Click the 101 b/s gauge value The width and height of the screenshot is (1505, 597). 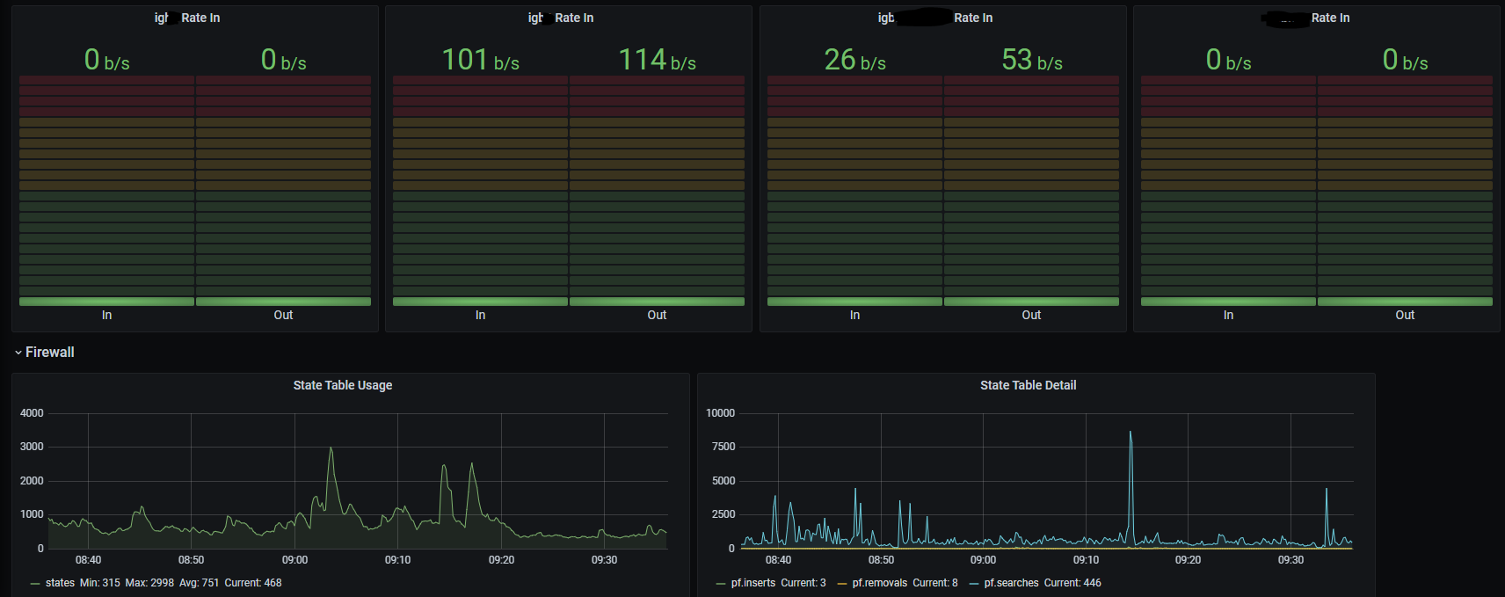click(480, 60)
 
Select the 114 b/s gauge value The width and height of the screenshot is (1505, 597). click(657, 60)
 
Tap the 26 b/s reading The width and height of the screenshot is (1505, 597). click(854, 60)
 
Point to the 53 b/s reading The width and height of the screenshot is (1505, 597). click(1032, 60)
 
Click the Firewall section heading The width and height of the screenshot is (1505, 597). click(49, 353)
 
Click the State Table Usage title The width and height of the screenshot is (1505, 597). click(343, 385)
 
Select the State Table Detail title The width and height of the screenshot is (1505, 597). click(1028, 385)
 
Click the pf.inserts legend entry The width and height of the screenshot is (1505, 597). click(753, 583)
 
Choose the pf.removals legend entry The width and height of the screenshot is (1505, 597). click(879, 583)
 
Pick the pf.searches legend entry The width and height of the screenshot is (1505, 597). click(1011, 583)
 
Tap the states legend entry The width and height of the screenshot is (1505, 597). click(60, 583)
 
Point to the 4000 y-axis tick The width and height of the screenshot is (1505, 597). click(32, 413)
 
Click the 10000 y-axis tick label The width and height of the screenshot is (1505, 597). click(720, 413)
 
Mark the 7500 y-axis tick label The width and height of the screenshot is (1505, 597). click(723, 447)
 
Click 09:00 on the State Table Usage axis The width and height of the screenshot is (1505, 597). click(294, 560)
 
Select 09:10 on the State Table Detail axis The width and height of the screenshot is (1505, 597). click(1086, 560)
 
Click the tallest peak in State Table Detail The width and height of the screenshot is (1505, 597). click(1131, 433)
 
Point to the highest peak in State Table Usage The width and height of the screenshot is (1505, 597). click(331, 448)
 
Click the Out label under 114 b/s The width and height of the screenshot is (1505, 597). click(657, 315)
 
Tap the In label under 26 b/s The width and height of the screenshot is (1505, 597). click(854, 315)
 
